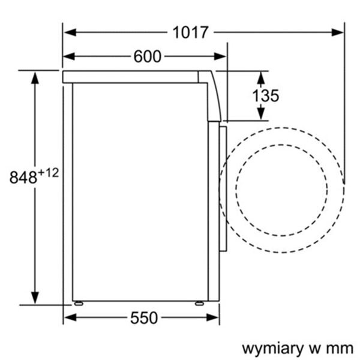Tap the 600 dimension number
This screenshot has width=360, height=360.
point(147,56)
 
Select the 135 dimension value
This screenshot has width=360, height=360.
point(265,95)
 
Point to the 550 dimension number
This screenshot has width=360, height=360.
point(143,317)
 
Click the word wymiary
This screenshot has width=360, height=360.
point(272,348)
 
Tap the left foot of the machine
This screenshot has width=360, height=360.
point(78,302)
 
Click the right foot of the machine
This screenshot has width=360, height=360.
point(199,302)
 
